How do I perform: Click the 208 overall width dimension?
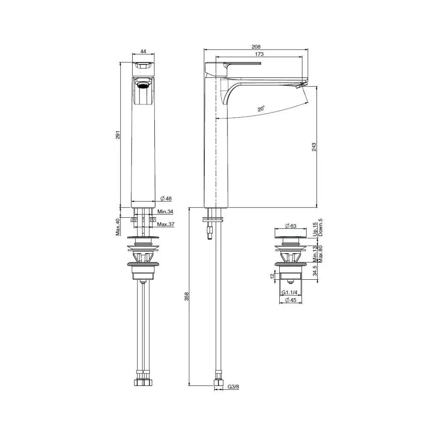click(256, 47)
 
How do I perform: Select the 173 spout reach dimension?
click(259, 54)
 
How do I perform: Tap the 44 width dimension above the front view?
click(143, 51)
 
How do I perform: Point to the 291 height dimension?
click(118, 135)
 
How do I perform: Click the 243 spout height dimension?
click(314, 147)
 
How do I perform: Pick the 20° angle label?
click(261, 108)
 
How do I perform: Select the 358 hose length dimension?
click(186, 296)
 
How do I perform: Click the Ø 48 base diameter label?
click(166, 198)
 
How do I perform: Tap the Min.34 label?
click(165, 212)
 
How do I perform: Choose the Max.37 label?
click(166, 224)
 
